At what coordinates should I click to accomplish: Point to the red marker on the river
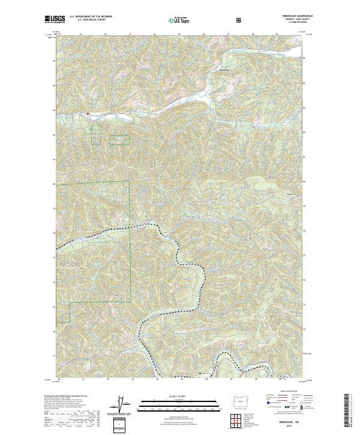click(x=88, y=112)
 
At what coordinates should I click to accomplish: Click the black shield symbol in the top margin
click(x=240, y=19)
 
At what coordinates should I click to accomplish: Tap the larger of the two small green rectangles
click(x=119, y=140)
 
